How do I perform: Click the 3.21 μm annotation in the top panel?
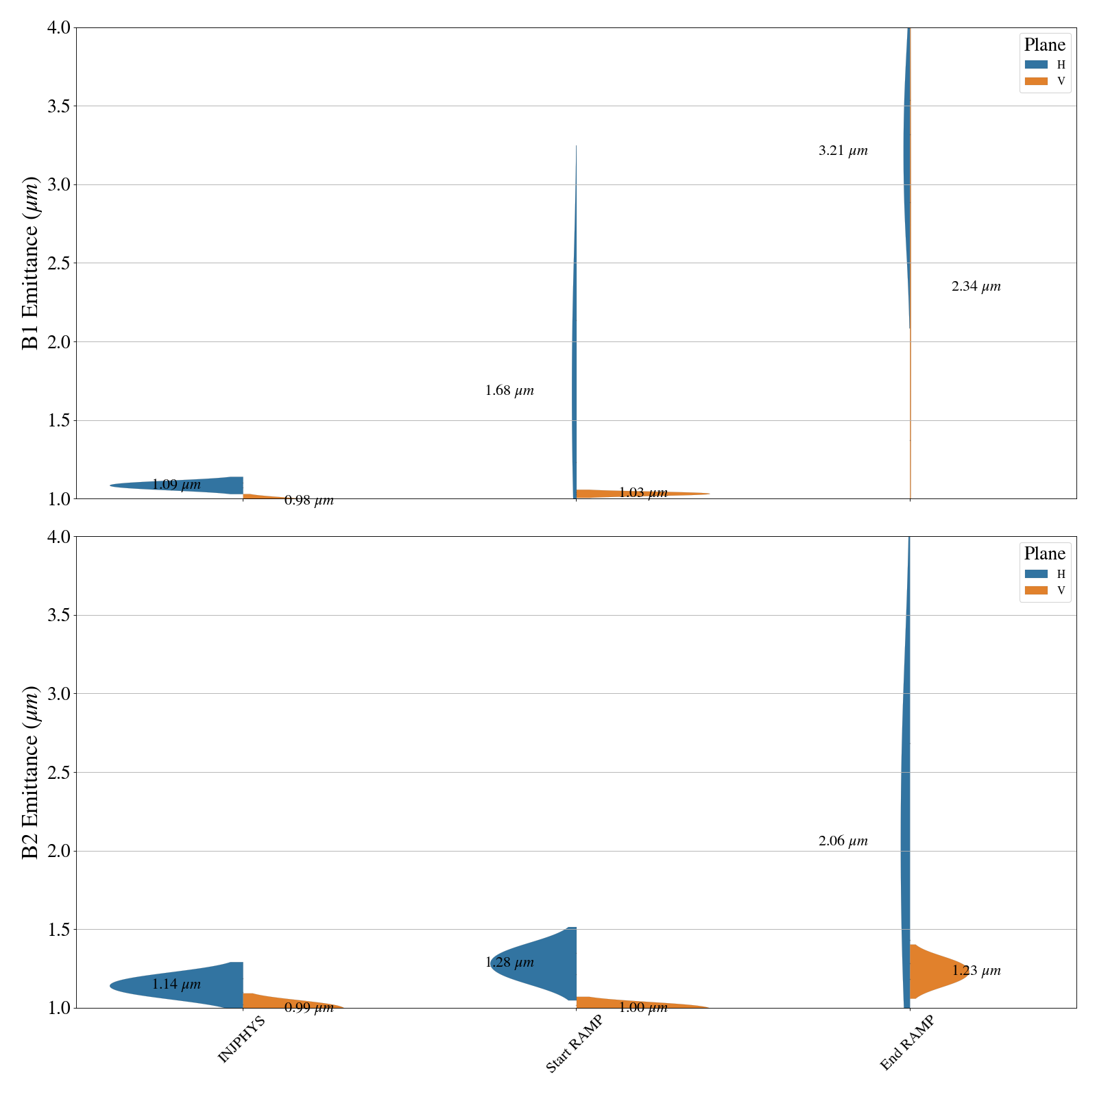(x=843, y=151)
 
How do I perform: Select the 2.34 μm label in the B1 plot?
(x=976, y=287)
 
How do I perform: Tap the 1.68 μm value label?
(x=509, y=391)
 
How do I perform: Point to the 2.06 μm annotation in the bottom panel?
(x=843, y=841)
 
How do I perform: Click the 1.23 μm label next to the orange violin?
(x=976, y=971)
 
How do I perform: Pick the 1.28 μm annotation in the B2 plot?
(x=509, y=963)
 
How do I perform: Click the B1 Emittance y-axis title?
(x=31, y=263)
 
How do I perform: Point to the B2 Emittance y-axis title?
(x=31, y=772)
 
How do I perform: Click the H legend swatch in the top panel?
(x=1036, y=65)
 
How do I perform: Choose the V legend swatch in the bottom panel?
(x=1036, y=590)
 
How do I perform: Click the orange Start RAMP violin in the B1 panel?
(x=638, y=493)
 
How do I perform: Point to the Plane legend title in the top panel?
(x=1044, y=45)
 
